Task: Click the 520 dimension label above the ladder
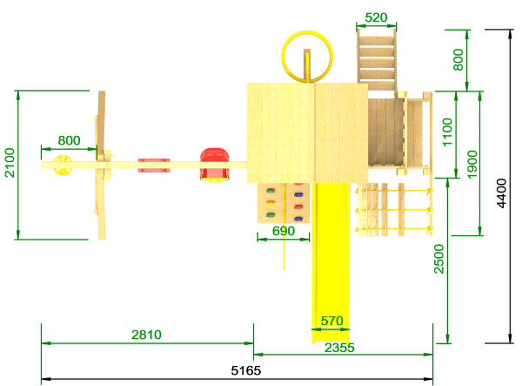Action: pos(376,17)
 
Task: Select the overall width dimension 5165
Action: pos(246,370)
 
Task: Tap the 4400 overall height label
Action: pos(501,193)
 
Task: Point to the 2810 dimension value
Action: pos(146,335)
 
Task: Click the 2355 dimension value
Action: pos(339,348)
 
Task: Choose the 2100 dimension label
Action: pos(10,163)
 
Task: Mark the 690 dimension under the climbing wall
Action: pos(284,231)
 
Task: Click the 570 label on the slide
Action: pos(332,321)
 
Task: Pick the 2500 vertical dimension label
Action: pos(439,259)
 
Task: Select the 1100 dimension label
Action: pos(447,132)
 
